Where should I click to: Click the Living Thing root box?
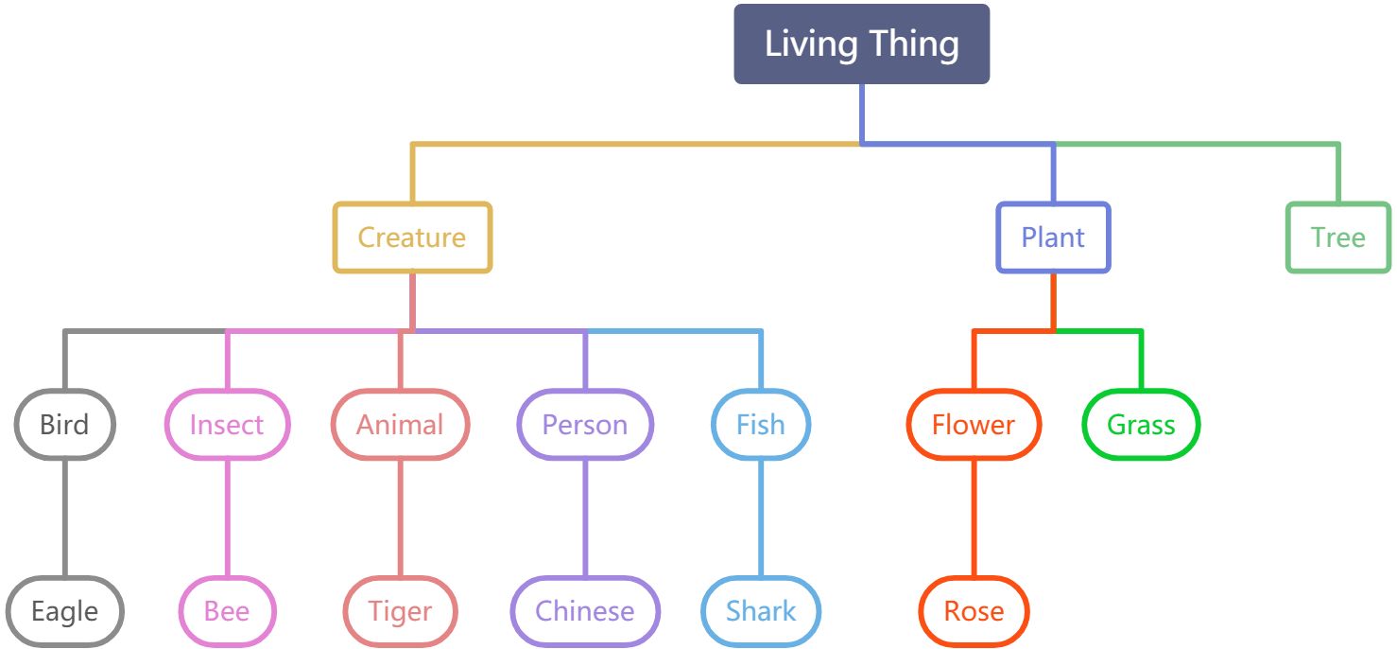861,44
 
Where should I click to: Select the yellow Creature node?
412,237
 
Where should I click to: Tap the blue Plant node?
1053,237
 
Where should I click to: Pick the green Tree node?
1337,237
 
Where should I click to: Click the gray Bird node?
64,425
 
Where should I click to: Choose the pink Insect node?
227,425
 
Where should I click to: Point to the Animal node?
400,425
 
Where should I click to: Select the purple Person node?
585,425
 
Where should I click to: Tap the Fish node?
761,425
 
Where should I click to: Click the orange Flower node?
974,425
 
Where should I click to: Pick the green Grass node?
1141,425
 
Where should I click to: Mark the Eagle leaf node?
64,611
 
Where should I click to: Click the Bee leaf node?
227,611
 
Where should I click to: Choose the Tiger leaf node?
400,611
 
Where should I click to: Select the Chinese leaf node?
585,611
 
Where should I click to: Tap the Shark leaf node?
761,611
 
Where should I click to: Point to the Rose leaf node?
974,611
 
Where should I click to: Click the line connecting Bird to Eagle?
65,518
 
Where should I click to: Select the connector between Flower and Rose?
974,518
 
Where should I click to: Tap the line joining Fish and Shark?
761,518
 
